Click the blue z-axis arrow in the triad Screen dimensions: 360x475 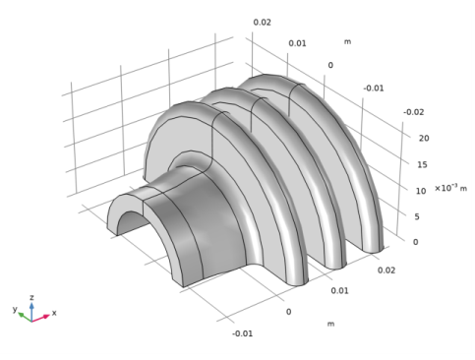coord(31,308)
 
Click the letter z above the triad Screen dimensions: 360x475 coord(31,295)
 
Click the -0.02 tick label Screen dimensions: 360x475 coord(413,112)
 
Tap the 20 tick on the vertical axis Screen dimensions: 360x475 coord(423,139)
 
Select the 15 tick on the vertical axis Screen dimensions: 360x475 coord(423,164)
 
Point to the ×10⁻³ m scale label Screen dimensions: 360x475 coord(450,189)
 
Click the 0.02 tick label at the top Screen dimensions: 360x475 coord(263,22)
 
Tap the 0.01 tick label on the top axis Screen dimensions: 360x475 coord(297,43)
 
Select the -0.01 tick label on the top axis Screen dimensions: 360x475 coord(373,89)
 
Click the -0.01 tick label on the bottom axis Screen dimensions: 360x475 coord(242,333)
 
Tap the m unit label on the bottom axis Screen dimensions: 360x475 coord(330,324)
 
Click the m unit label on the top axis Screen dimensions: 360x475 coord(347,41)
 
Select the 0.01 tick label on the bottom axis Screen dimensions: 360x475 coord(339,291)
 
